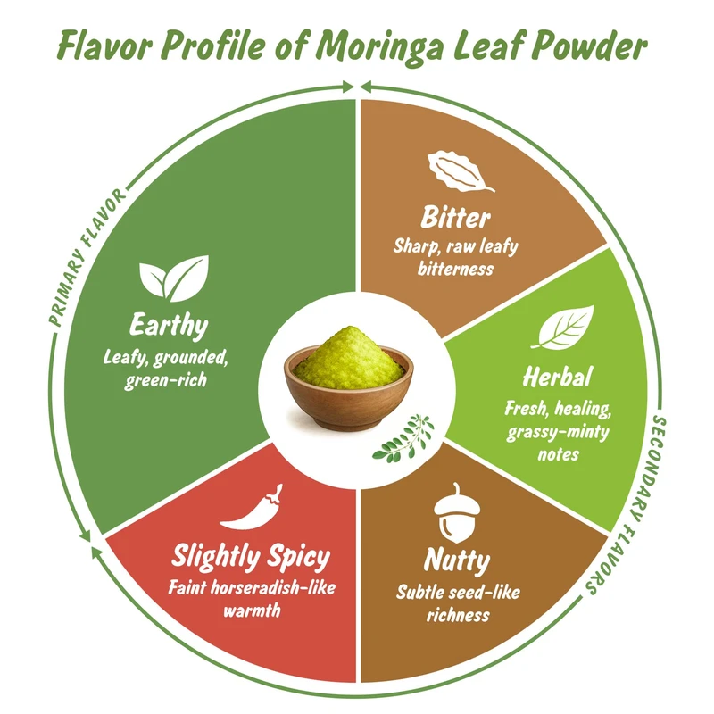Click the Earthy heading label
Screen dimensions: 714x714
(x=168, y=324)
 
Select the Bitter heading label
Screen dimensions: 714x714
(x=457, y=219)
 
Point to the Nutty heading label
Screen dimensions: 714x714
(x=457, y=562)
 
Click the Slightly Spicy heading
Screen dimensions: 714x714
(x=251, y=558)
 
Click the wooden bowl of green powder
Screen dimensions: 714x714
(x=349, y=375)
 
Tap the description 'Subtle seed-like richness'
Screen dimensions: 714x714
(x=458, y=603)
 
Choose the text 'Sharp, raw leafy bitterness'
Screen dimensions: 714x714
(x=455, y=257)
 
